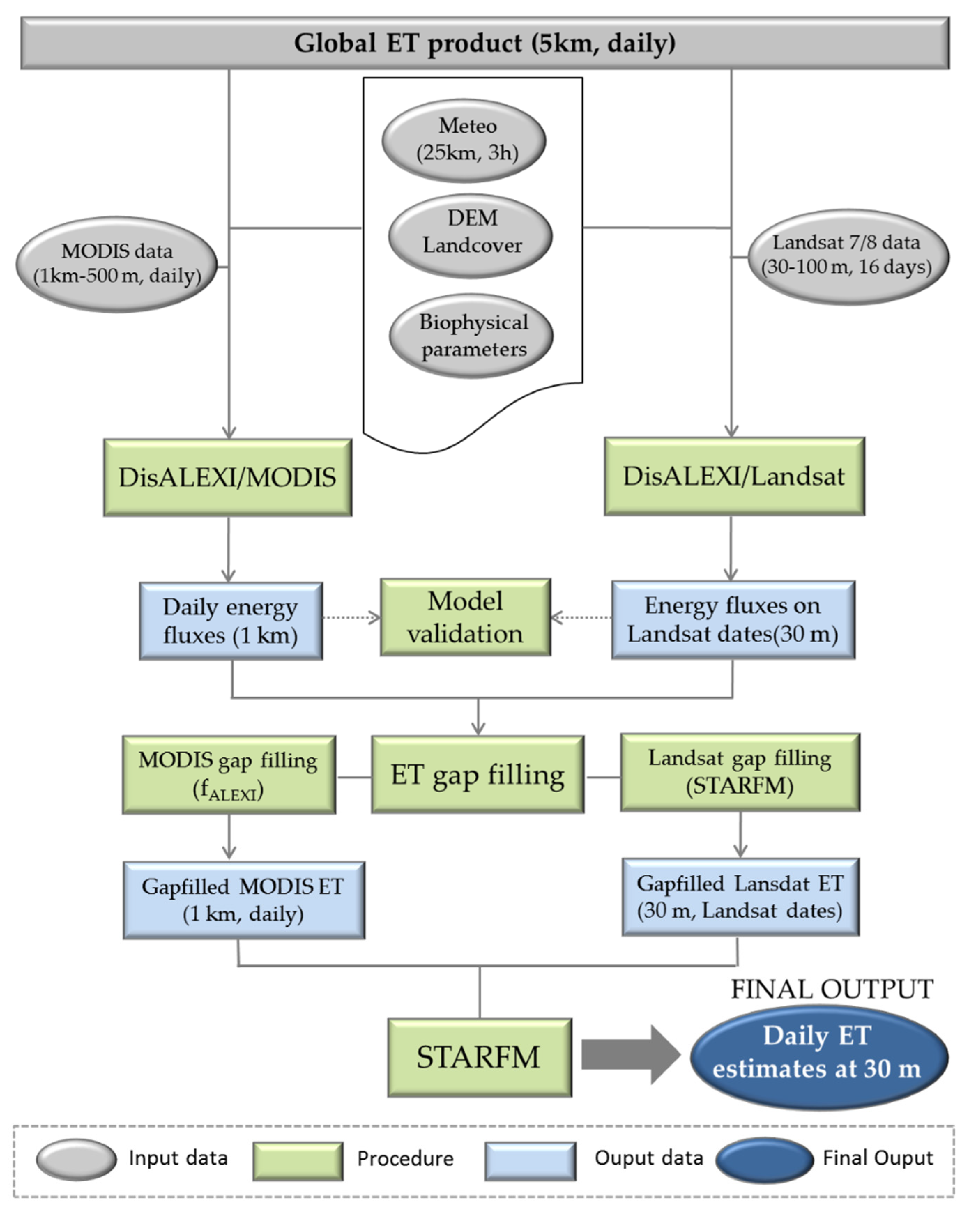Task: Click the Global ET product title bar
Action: point(484,43)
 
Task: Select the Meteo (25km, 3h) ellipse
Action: point(464,140)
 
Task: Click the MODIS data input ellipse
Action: point(116,264)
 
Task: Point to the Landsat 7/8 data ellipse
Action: point(847,257)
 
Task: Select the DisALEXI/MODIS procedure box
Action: point(228,478)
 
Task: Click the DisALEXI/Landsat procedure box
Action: point(734,476)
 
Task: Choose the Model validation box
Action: point(465,617)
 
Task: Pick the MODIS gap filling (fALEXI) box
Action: point(229,774)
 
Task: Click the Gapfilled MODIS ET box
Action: point(243,900)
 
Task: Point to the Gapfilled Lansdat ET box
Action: point(740,897)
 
